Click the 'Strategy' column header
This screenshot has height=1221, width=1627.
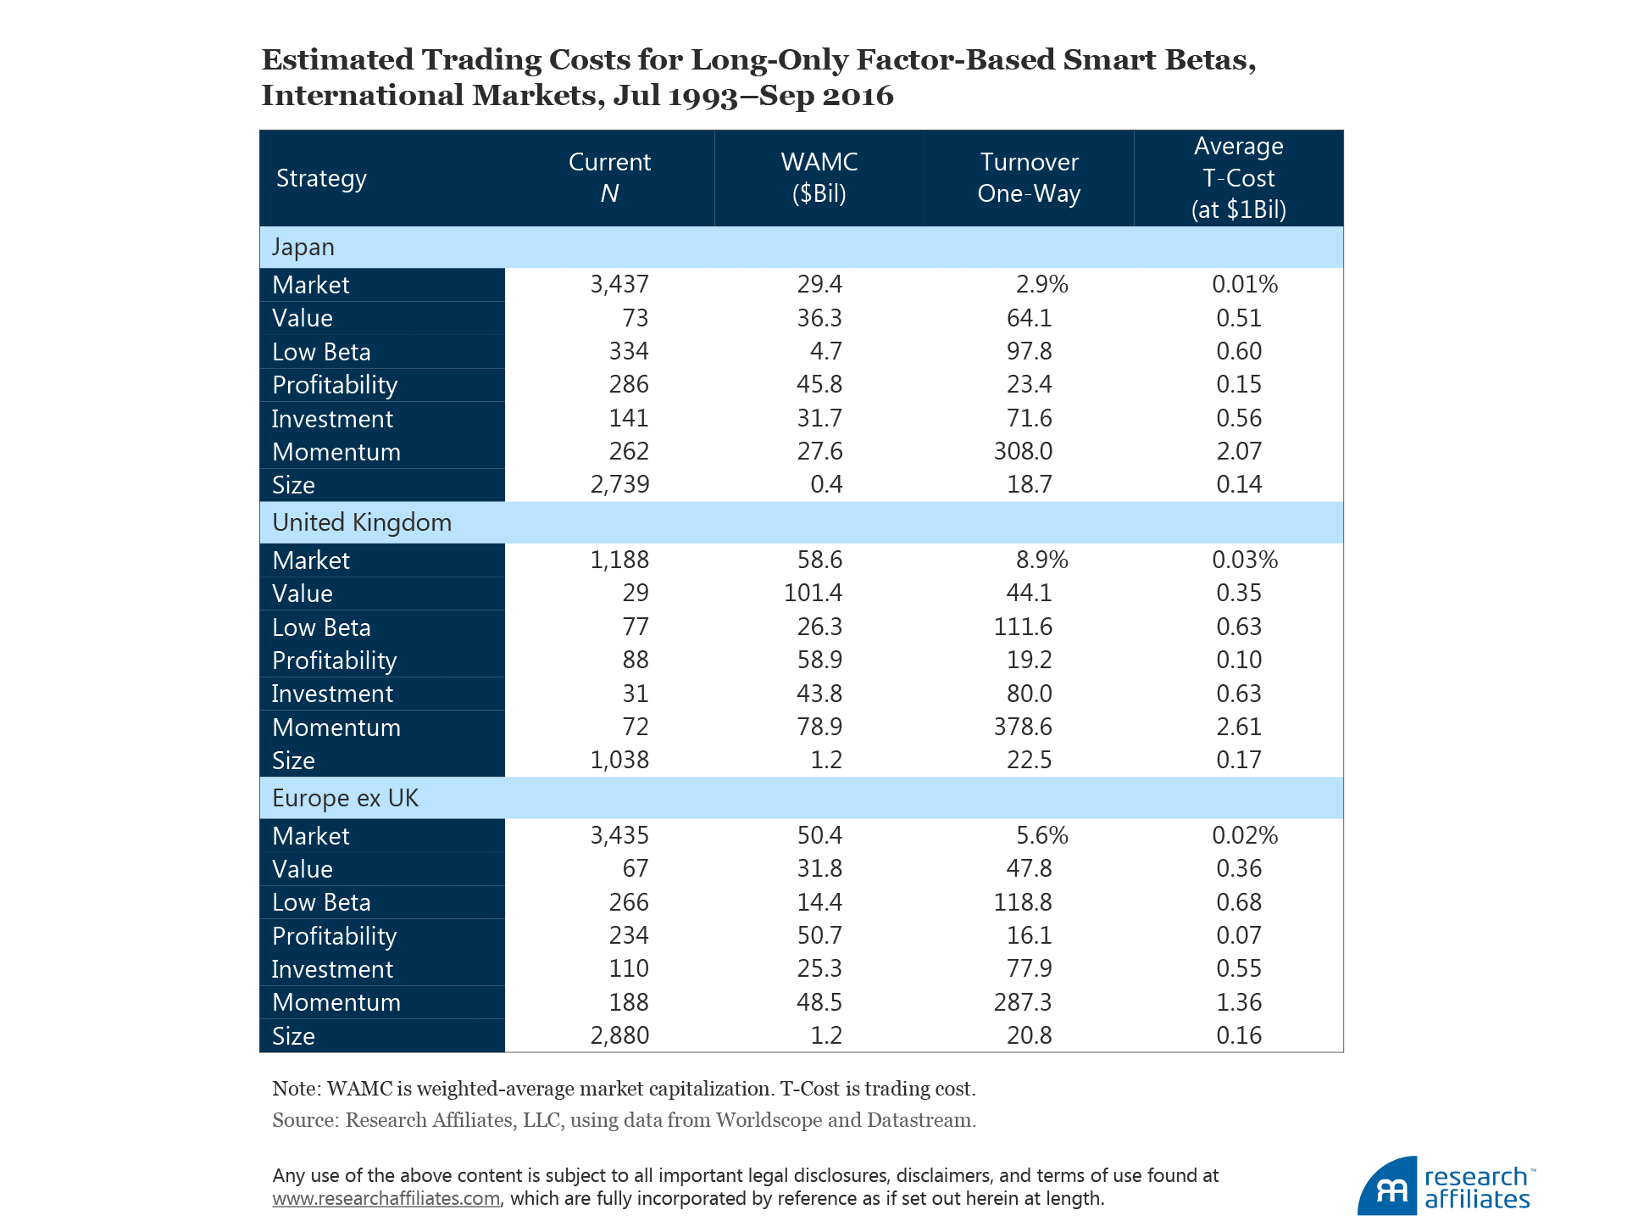[321, 178]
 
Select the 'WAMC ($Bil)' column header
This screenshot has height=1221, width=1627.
[819, 178]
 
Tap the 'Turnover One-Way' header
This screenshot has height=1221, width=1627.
[1029, 178]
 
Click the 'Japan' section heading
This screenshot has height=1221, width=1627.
[303, 248]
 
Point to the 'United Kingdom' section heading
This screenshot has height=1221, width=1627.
[362, 522]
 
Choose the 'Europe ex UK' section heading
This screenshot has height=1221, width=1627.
[345, 798]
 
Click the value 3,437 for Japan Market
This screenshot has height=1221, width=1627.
[619, 284]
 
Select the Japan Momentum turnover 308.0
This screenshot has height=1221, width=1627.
[1023, 451]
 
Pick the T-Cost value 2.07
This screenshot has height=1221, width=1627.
[1239, 451]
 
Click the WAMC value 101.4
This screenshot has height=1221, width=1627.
[813, 593]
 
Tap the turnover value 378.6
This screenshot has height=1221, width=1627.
[1023, 727]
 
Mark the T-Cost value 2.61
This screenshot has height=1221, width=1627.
[1239, 727]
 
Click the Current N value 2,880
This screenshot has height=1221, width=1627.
[619, 1035]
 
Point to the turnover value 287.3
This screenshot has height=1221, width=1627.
[1023, 1002]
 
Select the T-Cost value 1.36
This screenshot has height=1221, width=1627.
[1239, 1002]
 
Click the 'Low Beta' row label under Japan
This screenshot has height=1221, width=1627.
[321, 352]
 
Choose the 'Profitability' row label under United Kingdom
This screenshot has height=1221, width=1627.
[335, 661]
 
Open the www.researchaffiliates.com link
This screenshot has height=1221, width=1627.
[386, 1199]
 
